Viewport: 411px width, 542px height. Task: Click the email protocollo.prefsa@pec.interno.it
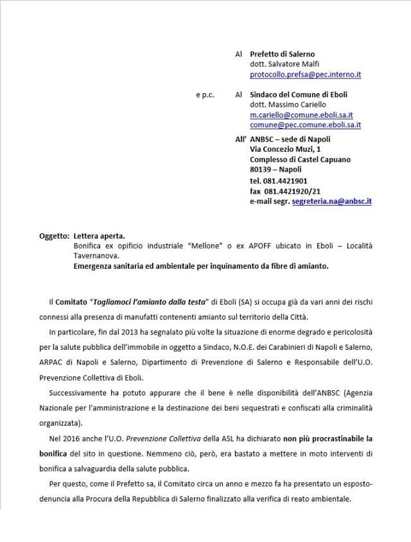[305, 75]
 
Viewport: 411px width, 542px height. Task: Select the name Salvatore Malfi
[292, 64]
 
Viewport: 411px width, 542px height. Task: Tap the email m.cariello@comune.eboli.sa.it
[301, 114]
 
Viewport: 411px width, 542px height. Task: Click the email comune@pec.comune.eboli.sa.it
[305, 125]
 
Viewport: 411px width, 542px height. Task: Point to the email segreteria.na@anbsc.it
[331, 201]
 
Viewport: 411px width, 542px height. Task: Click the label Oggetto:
[55, 236]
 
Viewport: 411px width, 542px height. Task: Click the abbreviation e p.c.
[205, 95]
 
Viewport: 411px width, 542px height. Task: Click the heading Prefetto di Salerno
[282, 54]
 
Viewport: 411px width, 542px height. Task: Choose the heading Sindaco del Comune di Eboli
[299, 95]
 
